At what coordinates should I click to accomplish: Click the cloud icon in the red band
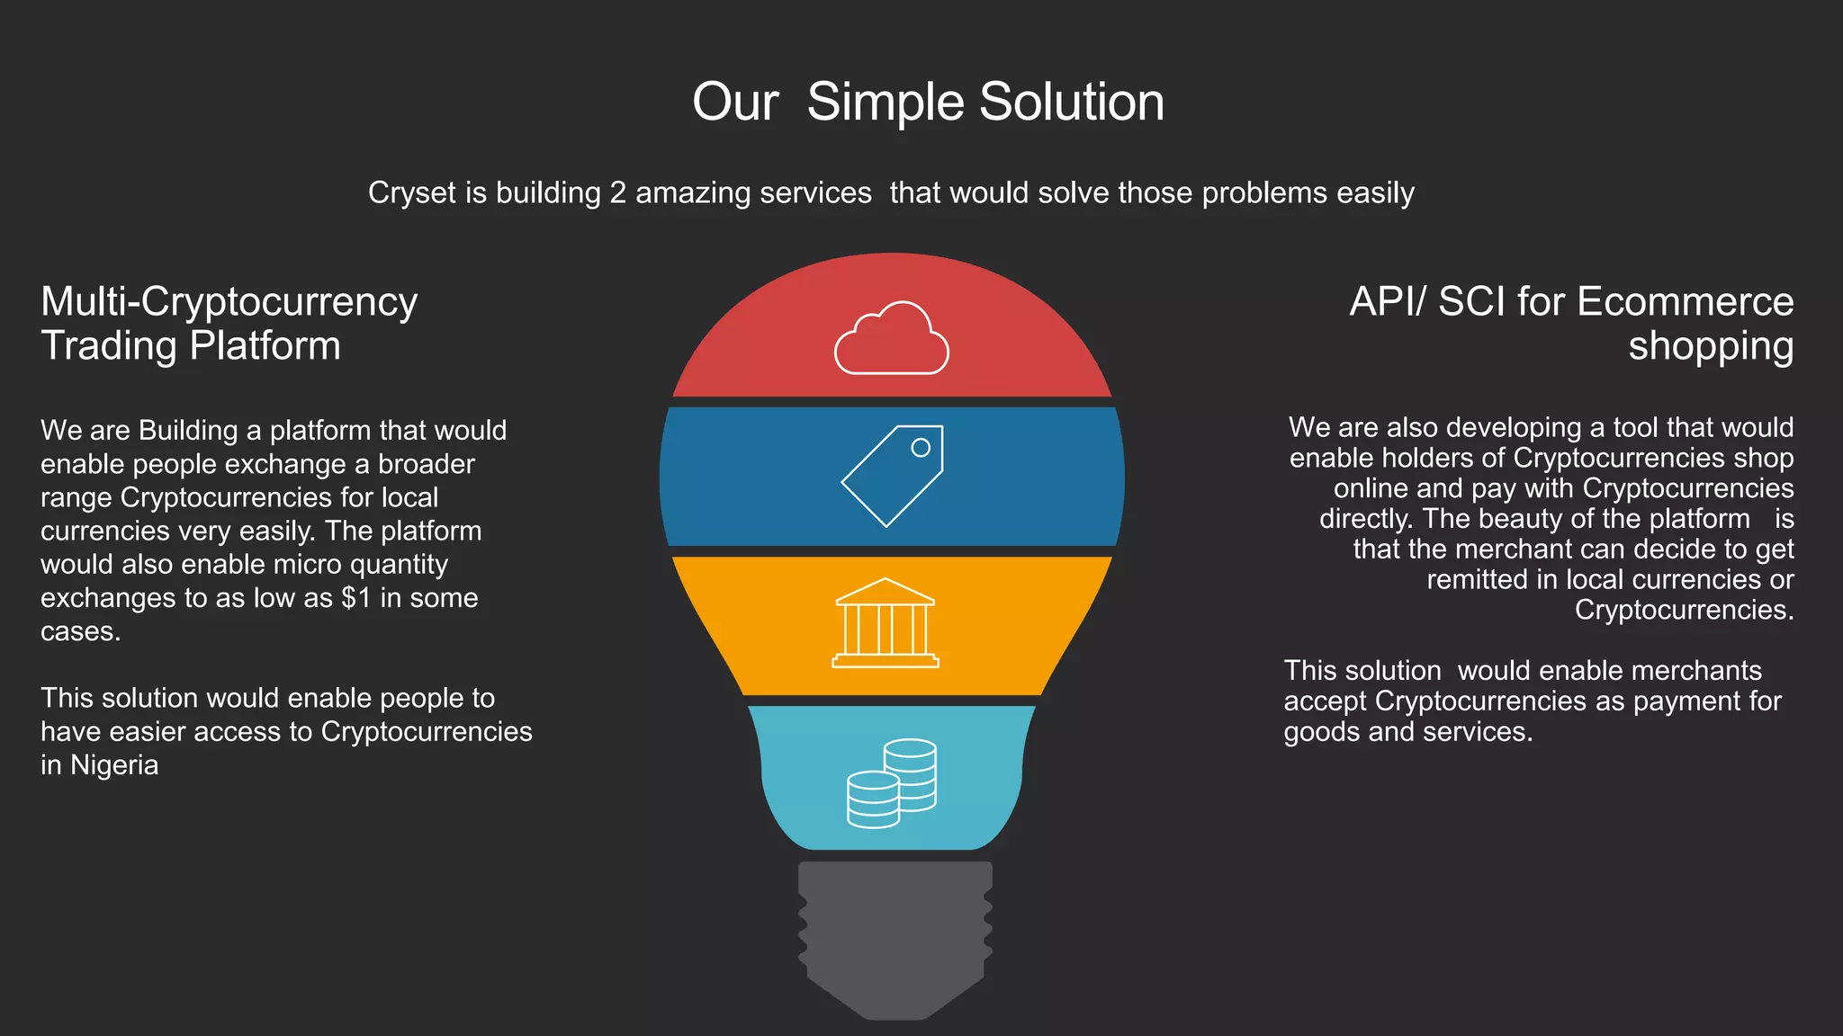tap(891, 340)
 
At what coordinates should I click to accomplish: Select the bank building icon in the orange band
tap(886, 623)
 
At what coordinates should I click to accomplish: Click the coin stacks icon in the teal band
tap(892, 782)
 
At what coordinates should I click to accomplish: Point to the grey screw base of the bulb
tap(895, 935)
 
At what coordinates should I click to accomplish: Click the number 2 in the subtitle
tap(617, 192)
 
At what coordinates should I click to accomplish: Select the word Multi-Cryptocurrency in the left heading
tap(229, 301)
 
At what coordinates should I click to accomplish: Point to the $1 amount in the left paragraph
tap(356, 598)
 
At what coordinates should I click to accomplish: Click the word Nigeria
tap(114, 765)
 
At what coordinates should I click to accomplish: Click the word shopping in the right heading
tap(1710, 346)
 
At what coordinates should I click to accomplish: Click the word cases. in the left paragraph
tap(80, 632)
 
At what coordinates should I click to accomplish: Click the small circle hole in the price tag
tap(920, 447)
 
